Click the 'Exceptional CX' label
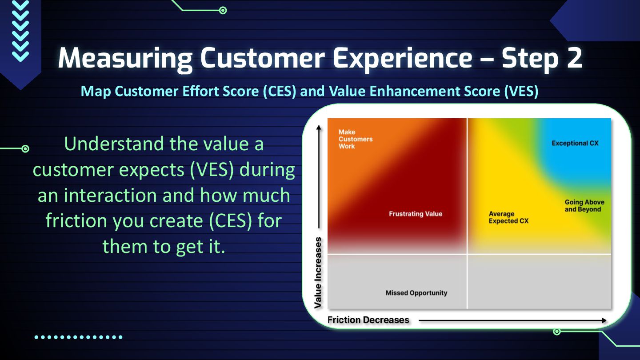click(x=575, y=143)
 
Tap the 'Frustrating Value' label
click(x=416, y=214)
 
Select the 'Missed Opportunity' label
click(x=416, y=293)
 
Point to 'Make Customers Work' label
click(x=356, y=139)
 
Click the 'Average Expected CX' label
click(x=508, y=217)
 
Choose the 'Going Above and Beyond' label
click(x=584, y=206)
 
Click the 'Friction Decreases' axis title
click(x=368, y=320)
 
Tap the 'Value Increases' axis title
click(x=318, y=272)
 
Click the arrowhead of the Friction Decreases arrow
click(x=604, y=320)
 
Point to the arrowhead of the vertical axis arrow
click(x=319, y=128)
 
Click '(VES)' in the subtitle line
click(x=521, y=92)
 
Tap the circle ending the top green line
click(x=223, y=11)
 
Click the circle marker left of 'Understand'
click(x=25, y=148)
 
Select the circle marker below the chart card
click(x=556, y=332)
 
